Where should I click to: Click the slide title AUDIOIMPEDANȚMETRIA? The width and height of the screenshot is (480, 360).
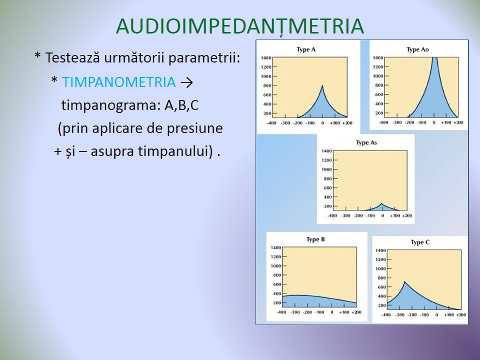click(x=240, y=26)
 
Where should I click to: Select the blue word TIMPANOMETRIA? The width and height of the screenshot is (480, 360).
click(x=119, y=82)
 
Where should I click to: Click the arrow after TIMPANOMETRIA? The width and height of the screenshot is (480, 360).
click(x=186, y=82)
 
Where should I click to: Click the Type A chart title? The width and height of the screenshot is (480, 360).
click(x=306, y=49)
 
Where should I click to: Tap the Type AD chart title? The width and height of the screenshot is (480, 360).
click(x=417, y=49)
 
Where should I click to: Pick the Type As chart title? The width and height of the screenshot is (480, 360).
click(x=366, y=142)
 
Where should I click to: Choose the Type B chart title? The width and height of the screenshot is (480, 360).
click(x=315, y=239)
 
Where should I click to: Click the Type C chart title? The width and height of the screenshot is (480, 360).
click(x=420, y=242)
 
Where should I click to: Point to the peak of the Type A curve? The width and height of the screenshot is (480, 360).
click(x=322, y=85)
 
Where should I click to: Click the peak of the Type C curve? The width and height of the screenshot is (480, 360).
click(x=404, y=281)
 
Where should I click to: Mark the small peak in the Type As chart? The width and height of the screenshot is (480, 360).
click(x=381, y=203)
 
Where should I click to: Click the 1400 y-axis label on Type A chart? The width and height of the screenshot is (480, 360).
click(x=266, y=58)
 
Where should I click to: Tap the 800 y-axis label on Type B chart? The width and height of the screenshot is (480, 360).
click(x=276, y=275)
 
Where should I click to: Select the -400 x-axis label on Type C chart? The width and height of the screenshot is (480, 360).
click(x=386, y=314)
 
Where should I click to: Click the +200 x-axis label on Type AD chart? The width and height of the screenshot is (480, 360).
click(x=458, y=122)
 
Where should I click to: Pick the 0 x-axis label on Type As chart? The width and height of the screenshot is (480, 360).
click(x=382, y=215)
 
